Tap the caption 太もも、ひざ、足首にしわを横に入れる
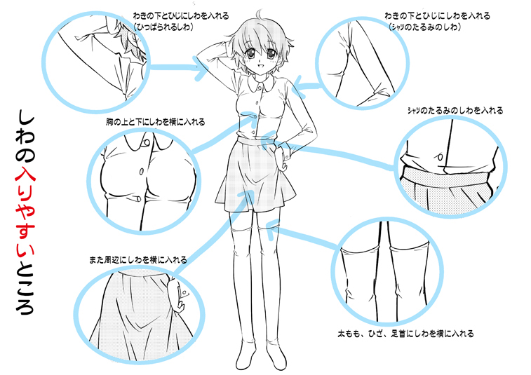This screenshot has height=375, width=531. coord(405,334)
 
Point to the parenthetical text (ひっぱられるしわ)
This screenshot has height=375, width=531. coord(163,25)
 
